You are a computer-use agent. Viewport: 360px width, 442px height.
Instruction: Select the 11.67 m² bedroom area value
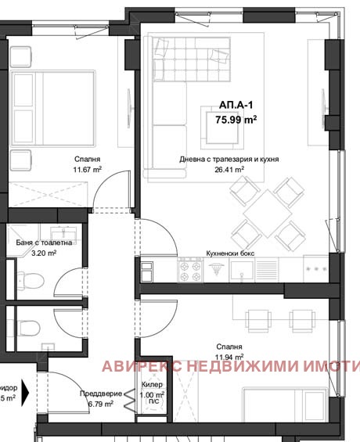point(88,167)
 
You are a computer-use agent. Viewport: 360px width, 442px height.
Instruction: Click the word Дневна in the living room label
point(192,159)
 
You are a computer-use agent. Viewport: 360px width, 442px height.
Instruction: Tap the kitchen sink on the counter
point(241,271)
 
